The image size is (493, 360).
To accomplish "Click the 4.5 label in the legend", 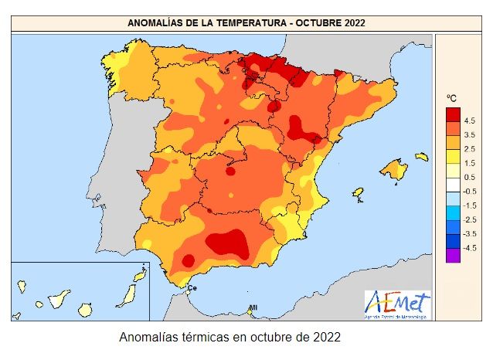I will [x=469, y=121].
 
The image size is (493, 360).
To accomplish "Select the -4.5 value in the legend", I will [x=469, y=248].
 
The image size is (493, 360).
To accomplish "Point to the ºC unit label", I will [x=452, y=98].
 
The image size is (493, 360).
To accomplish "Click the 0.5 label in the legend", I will [x=469, y=178].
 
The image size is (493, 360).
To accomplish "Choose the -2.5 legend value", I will [x=469, y=220].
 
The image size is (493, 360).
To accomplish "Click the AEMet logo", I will [x=397, y=305].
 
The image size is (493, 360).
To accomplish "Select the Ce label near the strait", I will [x=192, y=288].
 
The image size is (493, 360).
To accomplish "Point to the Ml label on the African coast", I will [x=253, y=308].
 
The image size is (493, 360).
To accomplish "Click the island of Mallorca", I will [x=393, y=168].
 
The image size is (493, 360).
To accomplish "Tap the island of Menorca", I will [x=421, y=156].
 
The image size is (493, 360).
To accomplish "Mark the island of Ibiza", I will [x=358, y=192].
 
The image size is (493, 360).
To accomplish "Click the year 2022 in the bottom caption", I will [x=325, y=338].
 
